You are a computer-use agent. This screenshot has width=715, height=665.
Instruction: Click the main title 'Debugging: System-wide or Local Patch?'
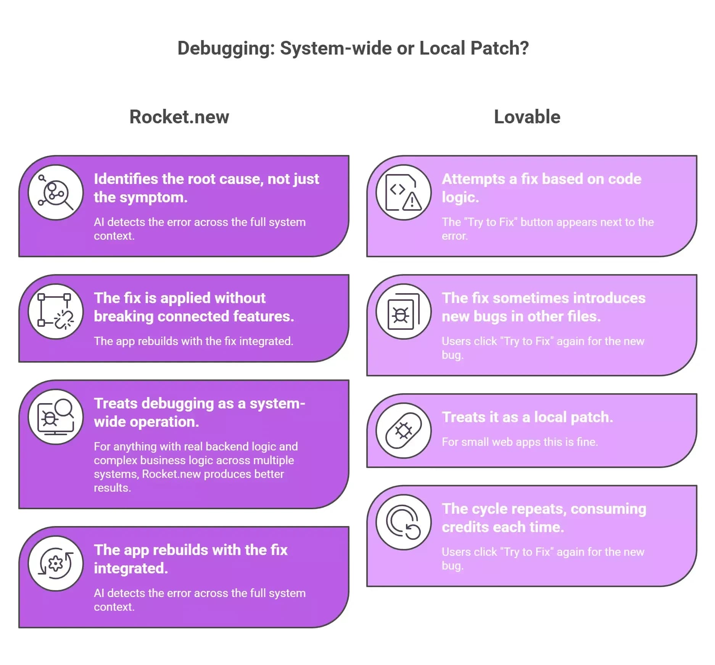(x=353, y=48)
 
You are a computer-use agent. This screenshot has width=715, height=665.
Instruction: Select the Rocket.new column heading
(x=179, y=117)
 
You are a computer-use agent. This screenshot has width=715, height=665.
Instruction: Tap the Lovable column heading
(x=527, y=117)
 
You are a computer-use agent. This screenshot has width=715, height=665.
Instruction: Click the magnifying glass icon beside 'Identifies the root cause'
(x=56, y=192)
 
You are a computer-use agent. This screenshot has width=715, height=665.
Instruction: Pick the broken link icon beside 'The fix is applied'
(x=56, y=312)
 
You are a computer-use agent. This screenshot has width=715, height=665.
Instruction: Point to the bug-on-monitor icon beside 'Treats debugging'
(x=56, y=417)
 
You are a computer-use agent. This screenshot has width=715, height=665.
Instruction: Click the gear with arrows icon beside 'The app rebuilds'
(x=56, y=563)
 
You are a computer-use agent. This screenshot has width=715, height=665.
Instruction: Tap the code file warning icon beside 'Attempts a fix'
(x=404, y=192)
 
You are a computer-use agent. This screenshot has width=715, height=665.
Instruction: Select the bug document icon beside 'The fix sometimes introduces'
(x=404, y=312)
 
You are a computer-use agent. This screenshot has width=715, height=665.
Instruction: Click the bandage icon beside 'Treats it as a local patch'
(x=404, y=431)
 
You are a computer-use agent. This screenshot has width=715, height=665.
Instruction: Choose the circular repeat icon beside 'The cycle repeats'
(x=404, y=522)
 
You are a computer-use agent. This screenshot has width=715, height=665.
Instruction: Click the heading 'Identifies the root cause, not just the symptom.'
(x=206, y=188)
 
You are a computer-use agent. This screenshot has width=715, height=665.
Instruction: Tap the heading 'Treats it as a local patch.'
(x=527, y=417)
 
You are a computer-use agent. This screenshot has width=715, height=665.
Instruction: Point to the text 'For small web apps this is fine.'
(x=520, y=442)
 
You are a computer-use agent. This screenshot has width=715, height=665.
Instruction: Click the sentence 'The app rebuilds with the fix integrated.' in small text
(x=193, y=341)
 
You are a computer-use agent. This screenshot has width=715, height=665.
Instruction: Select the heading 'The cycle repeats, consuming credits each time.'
(x=544, y=518)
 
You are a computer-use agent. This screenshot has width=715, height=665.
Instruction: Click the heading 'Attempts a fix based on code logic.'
(x=541, y=188)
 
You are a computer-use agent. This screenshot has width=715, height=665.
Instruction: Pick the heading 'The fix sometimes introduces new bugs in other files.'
(x=543, y=307)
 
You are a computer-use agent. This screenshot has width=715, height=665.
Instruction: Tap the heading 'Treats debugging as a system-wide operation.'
(x=199, y=413)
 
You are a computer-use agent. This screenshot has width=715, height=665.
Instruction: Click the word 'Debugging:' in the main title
(x=226, y=48)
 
